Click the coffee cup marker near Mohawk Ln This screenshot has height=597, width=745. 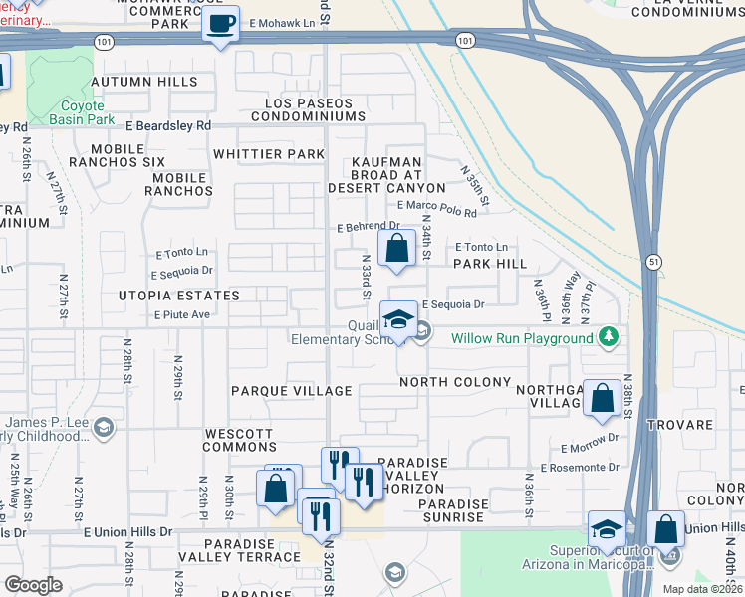point(220,22)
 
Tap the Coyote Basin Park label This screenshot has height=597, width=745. point(84,112)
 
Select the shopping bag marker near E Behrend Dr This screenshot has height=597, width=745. point(396,249)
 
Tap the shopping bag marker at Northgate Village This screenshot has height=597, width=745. point(603,399)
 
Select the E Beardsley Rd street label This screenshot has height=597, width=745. point(168,126)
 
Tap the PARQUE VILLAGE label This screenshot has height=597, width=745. point(292,391)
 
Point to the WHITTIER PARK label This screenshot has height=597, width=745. point(269,154)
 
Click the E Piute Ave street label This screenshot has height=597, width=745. point(181,314)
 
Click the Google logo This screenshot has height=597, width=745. point(33,585)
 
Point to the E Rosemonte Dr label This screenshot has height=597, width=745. point(580,467)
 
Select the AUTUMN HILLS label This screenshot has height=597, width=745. point(144,82)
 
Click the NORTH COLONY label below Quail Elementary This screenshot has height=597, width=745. point(455,382)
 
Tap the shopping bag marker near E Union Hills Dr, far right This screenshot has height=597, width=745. point(664,531)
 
